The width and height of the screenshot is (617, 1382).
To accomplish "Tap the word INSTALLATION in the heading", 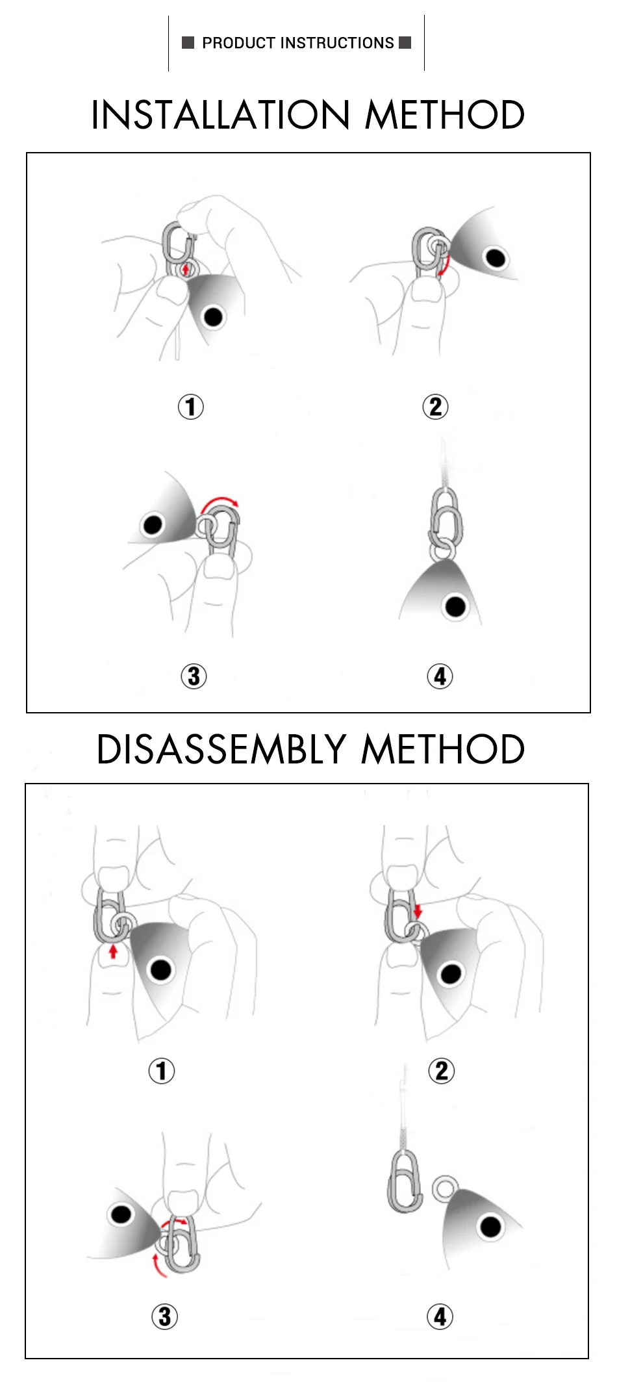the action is coord(221,115).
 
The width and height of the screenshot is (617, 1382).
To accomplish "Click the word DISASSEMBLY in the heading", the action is coord(221,749).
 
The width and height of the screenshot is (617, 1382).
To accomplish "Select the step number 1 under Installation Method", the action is coord(191,407).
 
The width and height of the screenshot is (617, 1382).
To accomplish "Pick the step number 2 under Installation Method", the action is coord(436,407).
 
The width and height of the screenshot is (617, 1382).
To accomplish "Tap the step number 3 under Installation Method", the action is coord(194,676).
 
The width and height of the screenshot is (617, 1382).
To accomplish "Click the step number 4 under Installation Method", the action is coord(440,676).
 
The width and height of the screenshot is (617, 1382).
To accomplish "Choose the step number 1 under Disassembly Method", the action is coord(162,1071).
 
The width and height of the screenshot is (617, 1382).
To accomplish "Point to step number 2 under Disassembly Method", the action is coord(442,1071).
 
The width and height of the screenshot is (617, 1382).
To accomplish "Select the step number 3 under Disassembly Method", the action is coord(165,1316).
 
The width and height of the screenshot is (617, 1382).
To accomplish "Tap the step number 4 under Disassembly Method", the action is coord(440,1316).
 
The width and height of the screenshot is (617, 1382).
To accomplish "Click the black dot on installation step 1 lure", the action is coord(213,317).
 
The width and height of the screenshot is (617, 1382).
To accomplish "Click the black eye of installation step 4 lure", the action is coord(455,607).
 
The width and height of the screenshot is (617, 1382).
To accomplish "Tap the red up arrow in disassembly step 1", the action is coord(113,952).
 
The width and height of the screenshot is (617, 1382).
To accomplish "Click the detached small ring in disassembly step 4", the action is coord(444,1188).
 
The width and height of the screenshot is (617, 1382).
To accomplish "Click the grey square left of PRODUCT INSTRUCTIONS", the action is coord(188,43).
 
